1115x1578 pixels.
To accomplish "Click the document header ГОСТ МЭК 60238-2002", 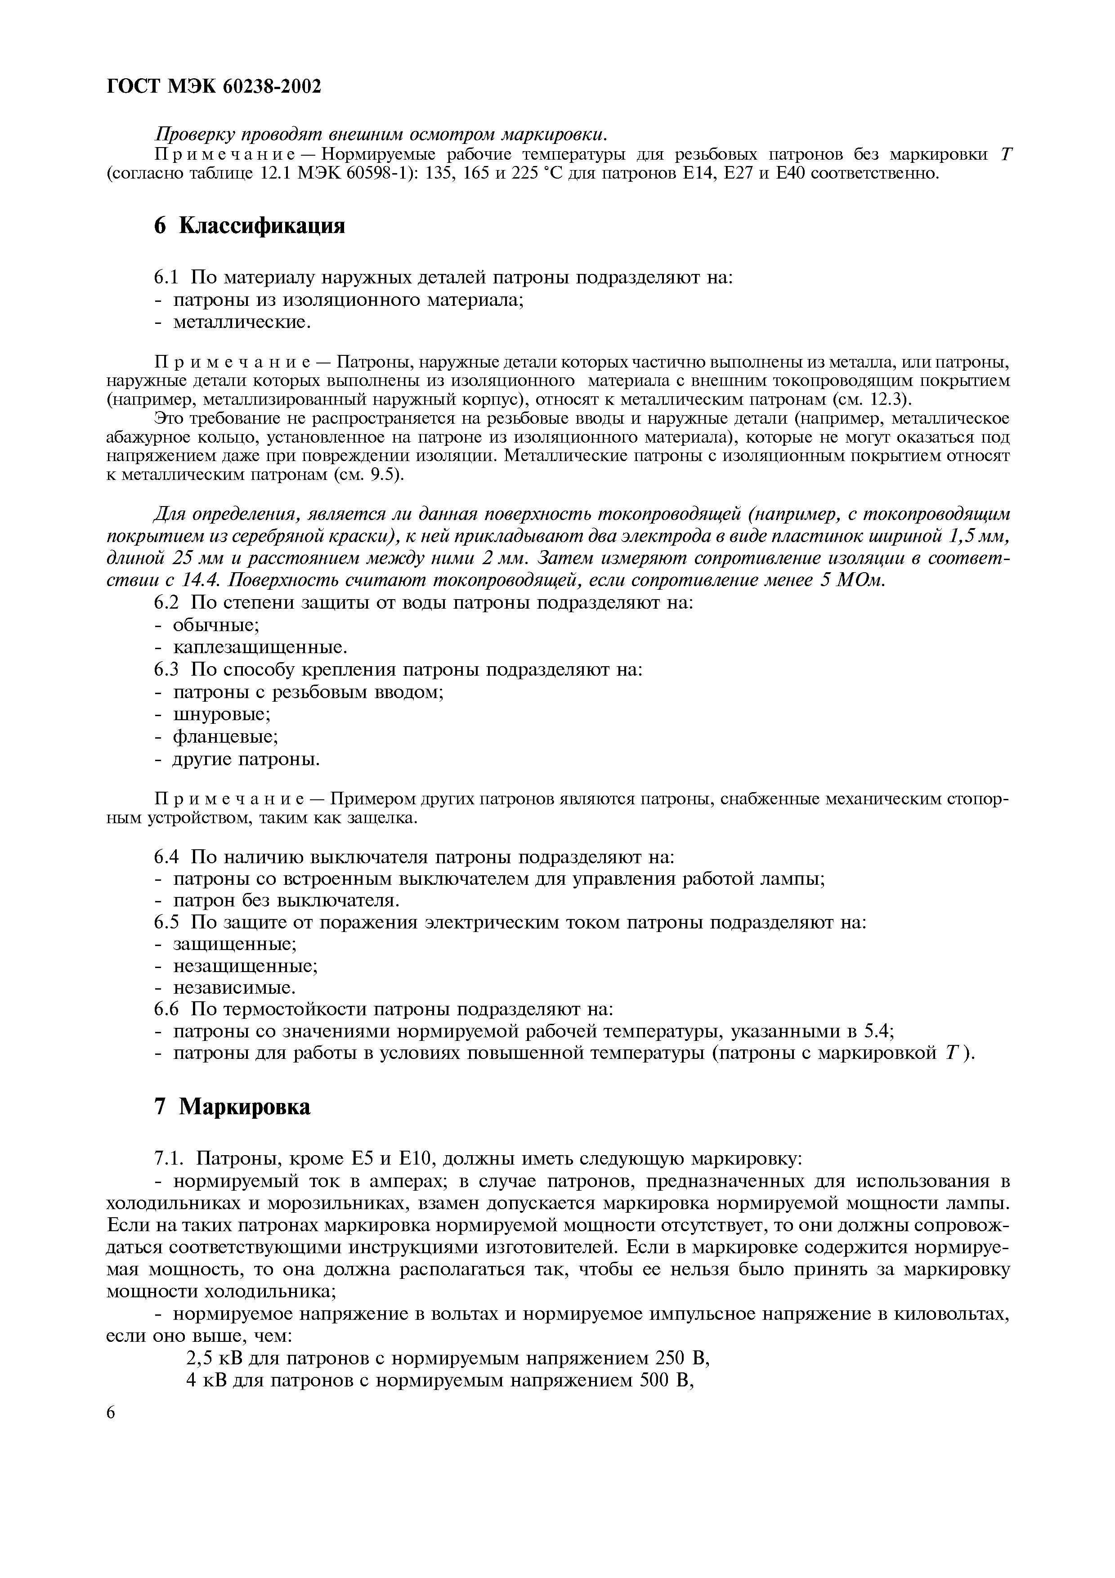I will pyautogui.click(x=215, y=87).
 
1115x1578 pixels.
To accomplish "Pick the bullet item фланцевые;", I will pyautogui.click(x=224, y=737).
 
